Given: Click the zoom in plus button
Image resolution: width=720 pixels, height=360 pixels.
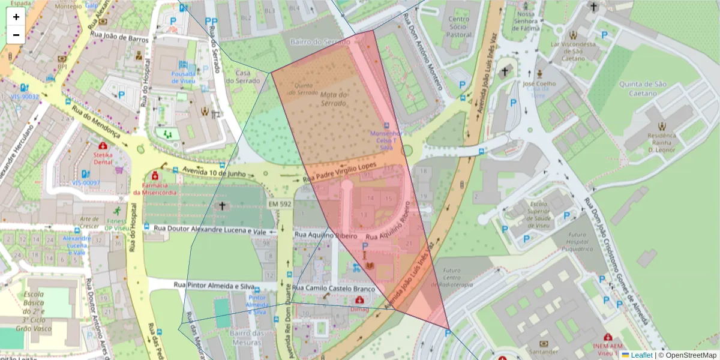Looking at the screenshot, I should (16, 17).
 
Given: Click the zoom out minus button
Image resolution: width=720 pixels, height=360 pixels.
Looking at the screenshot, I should (16, 35).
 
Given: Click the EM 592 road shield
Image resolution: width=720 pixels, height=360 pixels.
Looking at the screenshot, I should (280, 205).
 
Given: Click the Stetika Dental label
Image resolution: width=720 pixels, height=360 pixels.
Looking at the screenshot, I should (103, 157).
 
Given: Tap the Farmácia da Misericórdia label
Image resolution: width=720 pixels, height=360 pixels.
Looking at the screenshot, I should (155, 188).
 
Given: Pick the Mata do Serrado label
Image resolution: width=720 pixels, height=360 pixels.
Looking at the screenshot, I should (334, 99).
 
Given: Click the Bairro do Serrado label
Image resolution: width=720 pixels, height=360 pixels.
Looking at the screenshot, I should (319, 42).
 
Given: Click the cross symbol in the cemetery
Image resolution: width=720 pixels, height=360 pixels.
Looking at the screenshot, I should (221, 206).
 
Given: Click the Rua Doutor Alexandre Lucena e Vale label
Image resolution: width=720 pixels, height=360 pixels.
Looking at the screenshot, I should (211, 229).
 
